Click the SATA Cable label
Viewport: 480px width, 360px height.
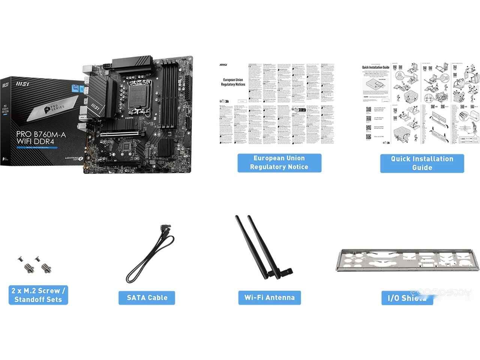[x=147, y=298]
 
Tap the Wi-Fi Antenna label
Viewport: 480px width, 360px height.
[x=270, y=298]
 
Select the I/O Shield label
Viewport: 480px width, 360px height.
[x=407, y=298]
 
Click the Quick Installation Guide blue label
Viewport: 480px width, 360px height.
[x=422, y=163]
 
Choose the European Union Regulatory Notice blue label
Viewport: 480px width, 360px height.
[x=279, y=163]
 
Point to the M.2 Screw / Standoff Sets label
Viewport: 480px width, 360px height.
[x=38, y=295]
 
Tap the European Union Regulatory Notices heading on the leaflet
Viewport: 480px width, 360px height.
[x=233, y=82]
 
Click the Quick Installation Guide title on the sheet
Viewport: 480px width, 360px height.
[x=375, y=67]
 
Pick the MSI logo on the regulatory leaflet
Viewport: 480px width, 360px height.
[x=223, y=65]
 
